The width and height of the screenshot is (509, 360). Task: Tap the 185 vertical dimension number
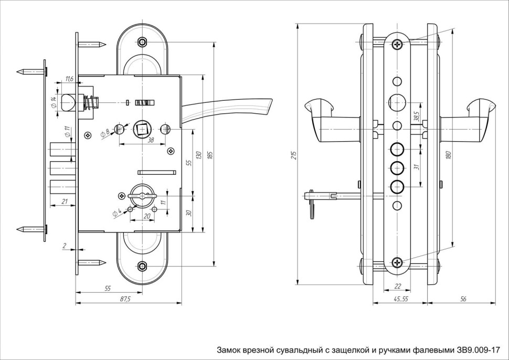tap(210, 156)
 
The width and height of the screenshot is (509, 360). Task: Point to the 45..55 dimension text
tap(399, 299)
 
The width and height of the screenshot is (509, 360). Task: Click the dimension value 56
tap(462, 299)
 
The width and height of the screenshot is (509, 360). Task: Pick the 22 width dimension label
tap(398, 286)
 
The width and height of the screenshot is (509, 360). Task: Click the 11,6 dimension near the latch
tap(69, 79)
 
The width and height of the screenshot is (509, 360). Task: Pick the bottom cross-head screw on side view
tap(397, 261)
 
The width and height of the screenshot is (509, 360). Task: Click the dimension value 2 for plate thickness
tap(63, 245)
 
